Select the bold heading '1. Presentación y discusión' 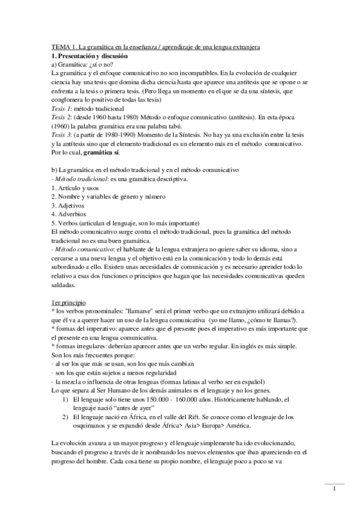tap(91, 55)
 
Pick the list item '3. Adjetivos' tap(68, 204)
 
